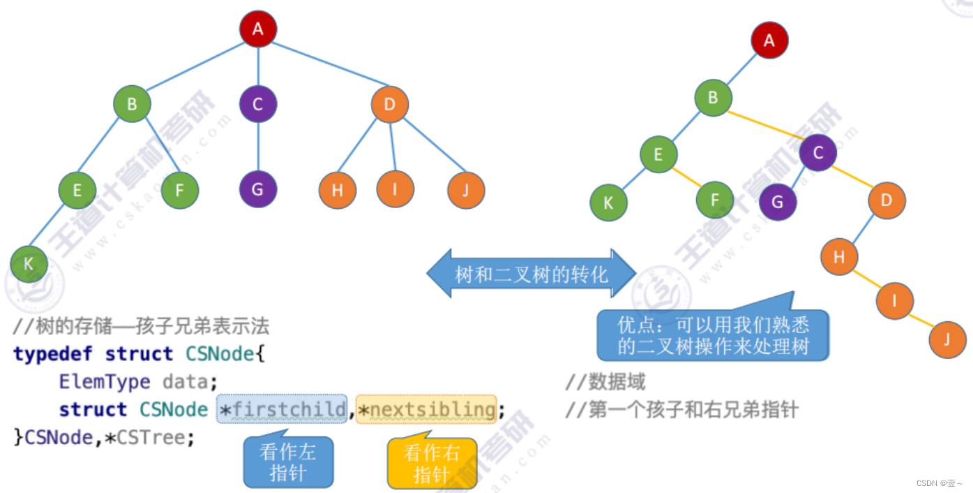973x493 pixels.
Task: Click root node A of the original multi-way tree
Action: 258,29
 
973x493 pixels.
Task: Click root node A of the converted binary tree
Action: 769,40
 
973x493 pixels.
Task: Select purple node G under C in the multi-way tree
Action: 258,189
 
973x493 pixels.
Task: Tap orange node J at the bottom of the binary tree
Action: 947,340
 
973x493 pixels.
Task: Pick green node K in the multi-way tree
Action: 29,264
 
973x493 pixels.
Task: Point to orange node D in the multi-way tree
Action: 390,105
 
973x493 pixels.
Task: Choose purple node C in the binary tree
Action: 819,153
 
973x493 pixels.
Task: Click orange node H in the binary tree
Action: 839,257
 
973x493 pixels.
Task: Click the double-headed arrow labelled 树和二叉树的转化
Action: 531,274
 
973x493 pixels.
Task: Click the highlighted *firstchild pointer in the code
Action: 282,409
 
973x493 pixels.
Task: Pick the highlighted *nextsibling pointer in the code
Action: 426,409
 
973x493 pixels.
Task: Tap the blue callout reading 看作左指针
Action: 288,463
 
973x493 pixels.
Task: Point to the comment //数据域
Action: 605,382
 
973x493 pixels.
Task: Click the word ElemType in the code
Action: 105,382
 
